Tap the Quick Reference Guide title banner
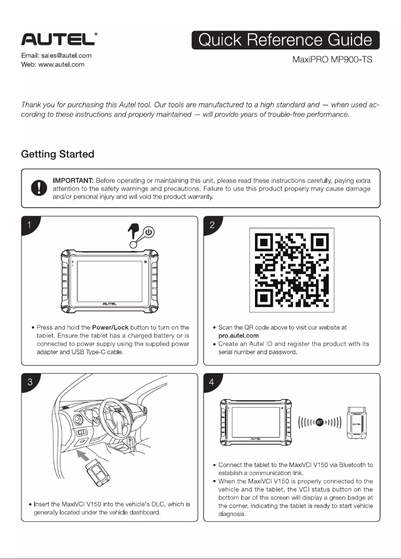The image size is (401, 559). click(x=285, y=40)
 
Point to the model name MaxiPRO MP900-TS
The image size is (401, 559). click(x=332, y=59)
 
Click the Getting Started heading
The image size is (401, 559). click(x=58, y=154)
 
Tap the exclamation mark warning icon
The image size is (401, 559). click(x=39, y=188)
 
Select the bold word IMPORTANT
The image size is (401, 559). click(x=73, y=180)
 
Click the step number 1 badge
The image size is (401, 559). click(x=29, y=225)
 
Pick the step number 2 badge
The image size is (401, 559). click(x=212, y=225)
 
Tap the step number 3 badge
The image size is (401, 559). click(x=30, y=382)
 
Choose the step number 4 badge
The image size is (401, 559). click(x=212, y=382)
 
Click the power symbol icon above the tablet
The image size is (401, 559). click(x=149, y=233)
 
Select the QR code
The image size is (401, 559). click(x=292, y=270)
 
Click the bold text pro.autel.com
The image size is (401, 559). click(x=238, y=336)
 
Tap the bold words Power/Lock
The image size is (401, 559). click(x=110, y=327)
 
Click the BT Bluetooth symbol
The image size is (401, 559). click(x=320, y=423)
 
